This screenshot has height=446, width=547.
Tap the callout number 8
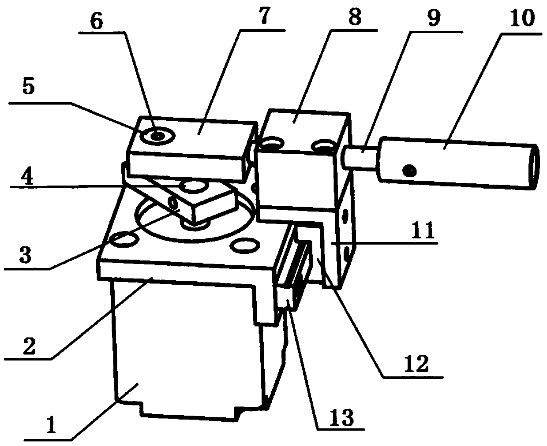(x=354, y=18)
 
